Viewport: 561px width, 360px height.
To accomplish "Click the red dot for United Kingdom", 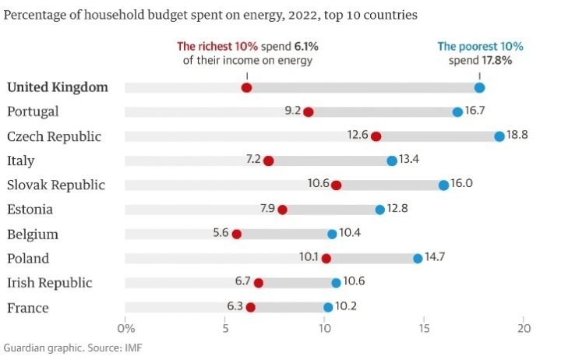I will pos(246,87).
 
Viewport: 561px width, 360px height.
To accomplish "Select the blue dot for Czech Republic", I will pos(499,136).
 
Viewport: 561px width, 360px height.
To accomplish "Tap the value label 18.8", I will pos(517,136).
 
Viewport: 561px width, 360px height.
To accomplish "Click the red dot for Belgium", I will pos(237,234).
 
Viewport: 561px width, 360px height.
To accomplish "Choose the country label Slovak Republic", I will pos(66,185).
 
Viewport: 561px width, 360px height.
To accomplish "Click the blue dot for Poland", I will pos(418,259).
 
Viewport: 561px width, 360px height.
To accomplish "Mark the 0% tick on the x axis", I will pos(125,328).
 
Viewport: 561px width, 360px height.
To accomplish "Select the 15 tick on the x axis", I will pos(425,328).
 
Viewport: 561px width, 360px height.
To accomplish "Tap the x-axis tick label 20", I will pos(524,328).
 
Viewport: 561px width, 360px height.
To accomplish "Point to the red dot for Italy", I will pos(269,161).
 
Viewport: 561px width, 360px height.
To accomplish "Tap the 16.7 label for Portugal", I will pos(475,111).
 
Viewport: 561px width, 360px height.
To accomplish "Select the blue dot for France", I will pos(328,308).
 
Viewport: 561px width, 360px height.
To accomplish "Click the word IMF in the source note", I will pos(132,348).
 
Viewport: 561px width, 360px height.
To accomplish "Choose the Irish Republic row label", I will pos(49,283).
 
